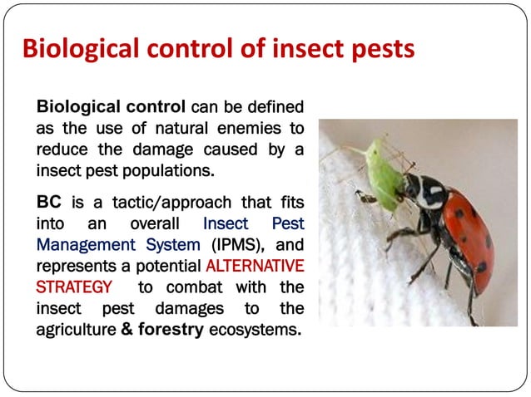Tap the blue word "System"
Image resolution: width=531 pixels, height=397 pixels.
click(174, 245)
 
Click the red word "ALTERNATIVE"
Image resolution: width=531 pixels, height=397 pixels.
click(253, 267)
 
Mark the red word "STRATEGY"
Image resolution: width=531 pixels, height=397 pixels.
click(73, 288)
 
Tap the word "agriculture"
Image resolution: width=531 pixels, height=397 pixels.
click(76, 331)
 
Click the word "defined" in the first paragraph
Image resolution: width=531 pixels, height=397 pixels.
click(275, 107)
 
